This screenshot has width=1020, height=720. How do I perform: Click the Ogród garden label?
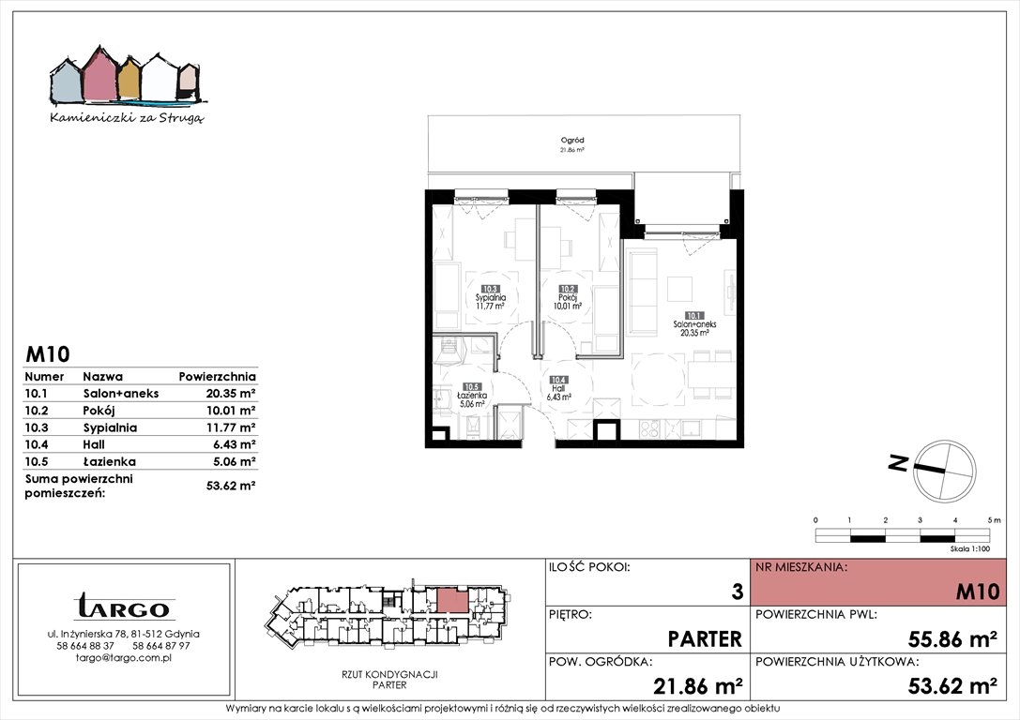tap(572, 144)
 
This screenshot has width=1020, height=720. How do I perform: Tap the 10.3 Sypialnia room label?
tap(491, 297)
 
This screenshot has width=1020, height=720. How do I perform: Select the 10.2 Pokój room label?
tap(568, 297)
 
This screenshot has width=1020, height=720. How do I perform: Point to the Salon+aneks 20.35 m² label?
tap(694, 324)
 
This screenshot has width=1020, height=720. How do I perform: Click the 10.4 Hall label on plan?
tap(558, 388)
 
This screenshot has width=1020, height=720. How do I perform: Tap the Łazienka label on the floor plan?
tap(472, 395)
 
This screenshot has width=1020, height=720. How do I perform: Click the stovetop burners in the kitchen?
tap(650, 428)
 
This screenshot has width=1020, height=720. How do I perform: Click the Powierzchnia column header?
tap(218, 376)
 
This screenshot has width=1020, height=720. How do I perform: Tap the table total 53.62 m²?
tap(230, 485)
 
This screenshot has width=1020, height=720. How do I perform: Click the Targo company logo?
tap(124, 606)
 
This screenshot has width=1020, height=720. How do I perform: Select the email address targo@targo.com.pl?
tap(124, 657)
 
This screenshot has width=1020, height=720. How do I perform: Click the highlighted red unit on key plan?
tap(451, 600)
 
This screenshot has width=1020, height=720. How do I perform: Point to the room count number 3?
tap(737, 592)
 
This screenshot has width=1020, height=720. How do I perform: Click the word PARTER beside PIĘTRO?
tap(705, 639)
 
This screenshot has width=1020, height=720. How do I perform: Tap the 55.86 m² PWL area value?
tap(952, 639)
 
